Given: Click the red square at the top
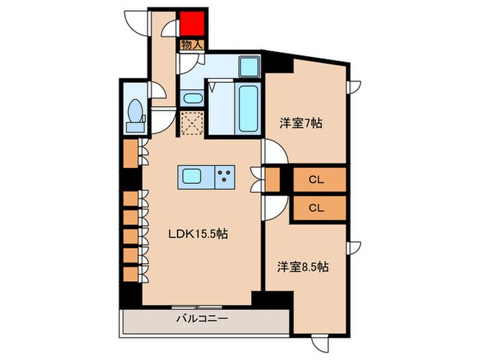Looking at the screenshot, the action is click(192, 23).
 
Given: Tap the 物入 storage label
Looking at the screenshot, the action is click(192, 45).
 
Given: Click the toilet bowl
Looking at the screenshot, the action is click(135, 110).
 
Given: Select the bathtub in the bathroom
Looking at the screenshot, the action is click(248, 108).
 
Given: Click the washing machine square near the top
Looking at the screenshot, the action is click(250, 67).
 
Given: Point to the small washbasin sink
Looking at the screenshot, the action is click(193, 98).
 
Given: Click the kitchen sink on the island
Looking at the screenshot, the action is click(192, 177).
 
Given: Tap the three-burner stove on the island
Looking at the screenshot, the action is click(225, 177).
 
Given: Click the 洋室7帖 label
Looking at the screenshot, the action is click(300, 123).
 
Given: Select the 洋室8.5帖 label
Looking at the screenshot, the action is click(303, 267).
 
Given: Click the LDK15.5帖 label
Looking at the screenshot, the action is click(198, 235).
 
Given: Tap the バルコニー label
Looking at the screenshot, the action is click(202, 319).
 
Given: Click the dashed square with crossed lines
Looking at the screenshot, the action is click(192, 123).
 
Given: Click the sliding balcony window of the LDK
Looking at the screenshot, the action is click(197, 307).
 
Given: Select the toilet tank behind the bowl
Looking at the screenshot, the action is click(135, 127).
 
